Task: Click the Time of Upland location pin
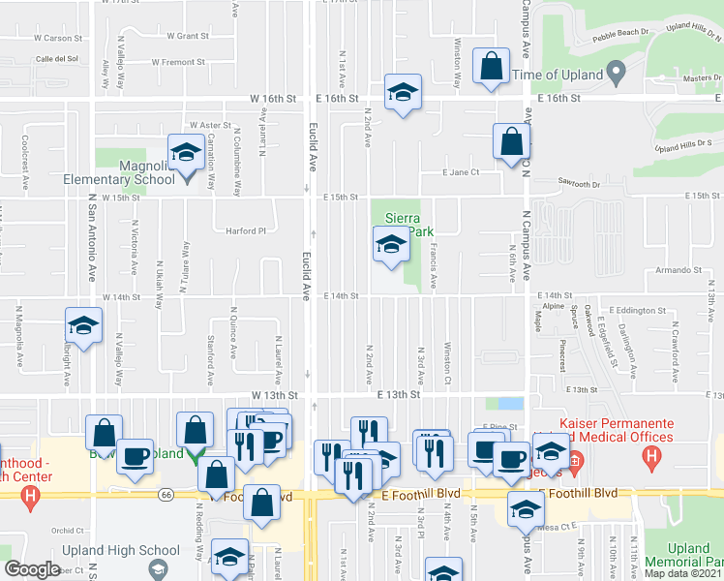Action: pos(614,74)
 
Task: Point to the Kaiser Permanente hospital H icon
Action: pos(658,455)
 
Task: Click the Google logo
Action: pos(32,569)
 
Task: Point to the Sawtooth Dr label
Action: pos(581,182)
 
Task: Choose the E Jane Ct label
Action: pos(462,172)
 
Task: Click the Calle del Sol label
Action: pos(57,59)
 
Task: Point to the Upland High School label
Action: pos(133,551)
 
